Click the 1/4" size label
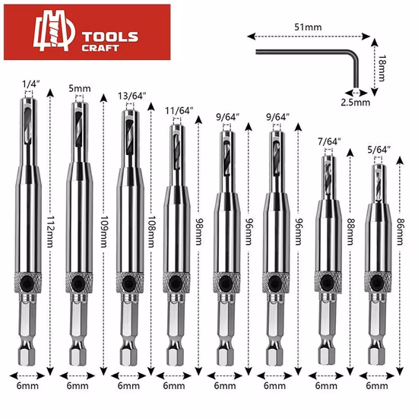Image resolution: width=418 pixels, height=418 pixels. tap(31, 84)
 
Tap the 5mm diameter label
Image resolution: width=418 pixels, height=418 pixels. tap(80, 88)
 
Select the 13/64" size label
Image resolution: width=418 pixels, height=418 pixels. tap(132, 96)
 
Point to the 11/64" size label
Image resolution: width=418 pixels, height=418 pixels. tap(179, 111)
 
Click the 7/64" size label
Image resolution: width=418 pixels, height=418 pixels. tap(330, 141)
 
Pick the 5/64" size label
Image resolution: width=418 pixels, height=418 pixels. tap(379, 150)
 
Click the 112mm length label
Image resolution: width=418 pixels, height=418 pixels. tap(51, 231)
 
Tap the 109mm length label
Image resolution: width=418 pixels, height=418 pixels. tap(104, 231)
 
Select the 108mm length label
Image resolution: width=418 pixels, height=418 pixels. tap(152, 231)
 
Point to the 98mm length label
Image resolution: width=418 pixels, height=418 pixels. tap(199, 231)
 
